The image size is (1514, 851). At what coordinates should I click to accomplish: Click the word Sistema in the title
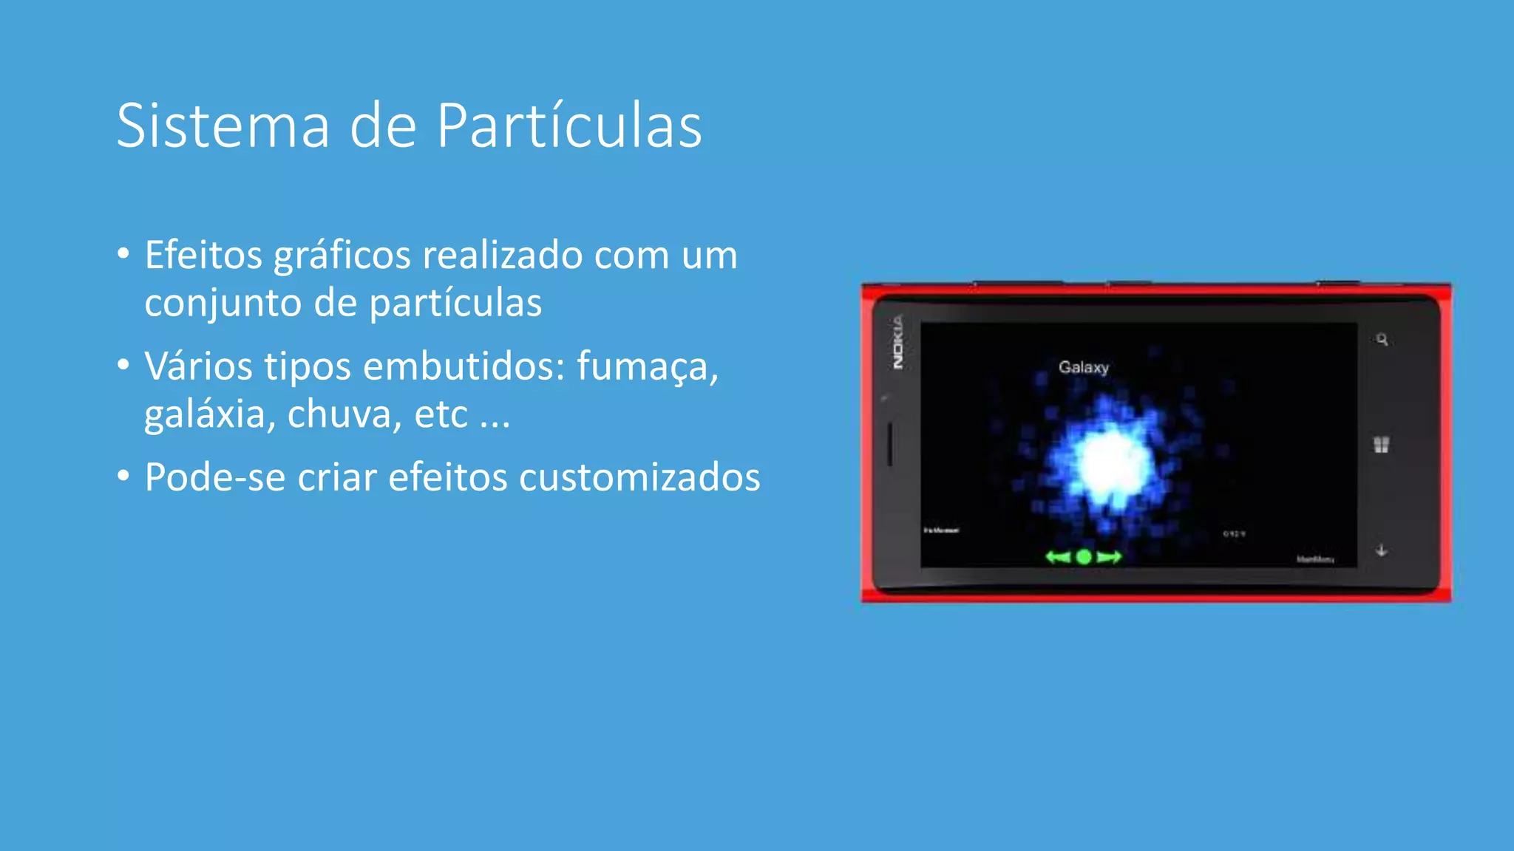coord(223,126)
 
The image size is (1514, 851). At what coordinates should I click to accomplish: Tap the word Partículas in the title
coord(568,126)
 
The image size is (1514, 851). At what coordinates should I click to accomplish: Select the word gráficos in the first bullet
coord(342,256)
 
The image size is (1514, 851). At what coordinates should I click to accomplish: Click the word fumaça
coord(647,366)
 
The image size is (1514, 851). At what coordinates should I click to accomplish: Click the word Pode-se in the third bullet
coord(215,477)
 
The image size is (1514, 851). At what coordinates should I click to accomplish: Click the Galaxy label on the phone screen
coord(1084,367)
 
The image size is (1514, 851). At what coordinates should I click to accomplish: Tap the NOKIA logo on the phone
coord(897,342)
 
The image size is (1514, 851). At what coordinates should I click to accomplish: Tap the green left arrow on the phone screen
coord(1058,557)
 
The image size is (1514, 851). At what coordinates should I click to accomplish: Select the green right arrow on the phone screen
coord(1109,557)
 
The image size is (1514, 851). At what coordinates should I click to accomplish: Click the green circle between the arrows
coord(1084,557)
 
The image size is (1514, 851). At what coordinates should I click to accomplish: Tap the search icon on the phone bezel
coord(1382,340)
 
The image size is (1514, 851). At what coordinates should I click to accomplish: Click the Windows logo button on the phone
coord(1381,445)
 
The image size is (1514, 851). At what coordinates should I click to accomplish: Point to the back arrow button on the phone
coord(1381,550)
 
